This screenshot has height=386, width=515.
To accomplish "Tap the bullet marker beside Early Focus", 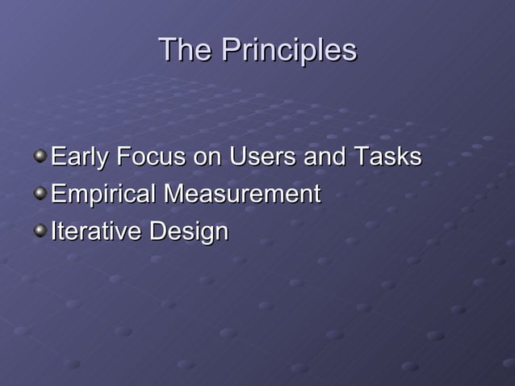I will point(40,155).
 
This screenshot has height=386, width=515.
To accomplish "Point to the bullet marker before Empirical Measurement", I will point(40,193).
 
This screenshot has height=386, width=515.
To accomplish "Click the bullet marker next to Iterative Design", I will point(40,231).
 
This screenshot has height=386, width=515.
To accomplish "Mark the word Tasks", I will point(388,157).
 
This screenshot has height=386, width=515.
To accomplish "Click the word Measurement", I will point(242,195).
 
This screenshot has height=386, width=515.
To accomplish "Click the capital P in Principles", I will point(231,51).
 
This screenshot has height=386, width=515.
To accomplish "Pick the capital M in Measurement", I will point(174,195).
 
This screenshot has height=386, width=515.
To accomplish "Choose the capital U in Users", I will point(237,157).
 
